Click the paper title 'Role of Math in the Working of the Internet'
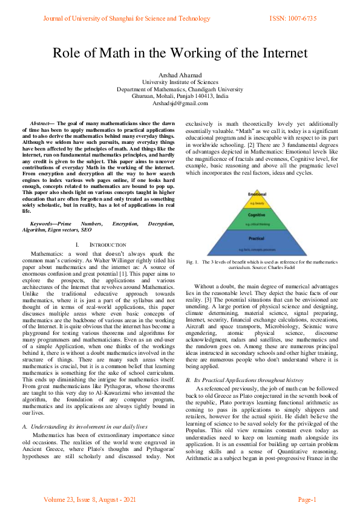pos(180,53)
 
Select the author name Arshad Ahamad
pos(180,74)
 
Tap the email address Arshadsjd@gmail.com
pos(180,103)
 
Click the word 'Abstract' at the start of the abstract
pos(41,123)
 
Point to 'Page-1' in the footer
pos(307,499)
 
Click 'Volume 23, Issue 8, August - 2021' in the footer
pos(90,499)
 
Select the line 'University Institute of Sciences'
pos(180,82)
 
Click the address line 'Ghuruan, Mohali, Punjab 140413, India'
pos(180,96)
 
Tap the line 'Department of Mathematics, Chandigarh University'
pos(180,89)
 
